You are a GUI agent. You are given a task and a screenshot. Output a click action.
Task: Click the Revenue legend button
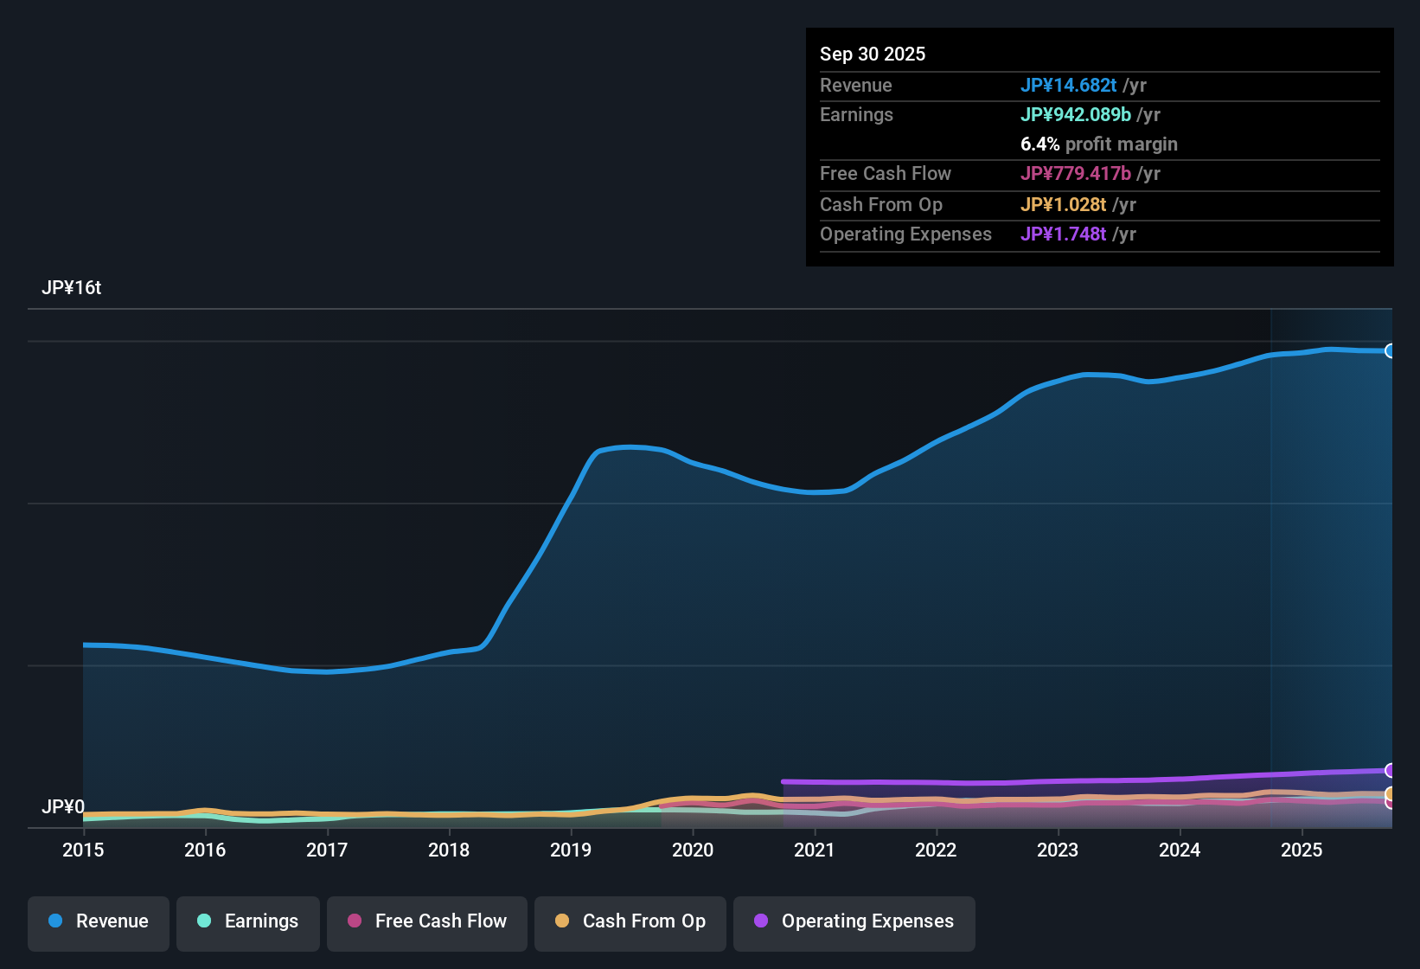click(99, 922)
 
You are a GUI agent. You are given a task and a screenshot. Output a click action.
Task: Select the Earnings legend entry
click(248, 922)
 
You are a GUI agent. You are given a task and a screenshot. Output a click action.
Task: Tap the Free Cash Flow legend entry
click(427, 922)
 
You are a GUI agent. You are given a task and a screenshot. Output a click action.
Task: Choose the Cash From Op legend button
click(630, 922)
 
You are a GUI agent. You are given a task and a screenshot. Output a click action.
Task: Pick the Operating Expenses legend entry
click(854, 922)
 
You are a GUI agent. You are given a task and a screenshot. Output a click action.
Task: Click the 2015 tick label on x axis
click(83, 850)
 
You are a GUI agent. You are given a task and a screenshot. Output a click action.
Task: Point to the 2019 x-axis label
click(571, 850)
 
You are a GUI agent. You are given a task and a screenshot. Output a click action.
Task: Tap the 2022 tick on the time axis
click(936, 850)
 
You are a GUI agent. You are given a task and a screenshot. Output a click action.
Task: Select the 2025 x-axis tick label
click(1302, 850)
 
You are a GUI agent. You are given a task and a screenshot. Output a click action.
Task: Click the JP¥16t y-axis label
click(72, 288)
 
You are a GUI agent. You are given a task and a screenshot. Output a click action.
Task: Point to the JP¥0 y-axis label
click(63, 807)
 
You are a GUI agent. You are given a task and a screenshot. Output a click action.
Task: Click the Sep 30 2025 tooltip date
click(873, 55)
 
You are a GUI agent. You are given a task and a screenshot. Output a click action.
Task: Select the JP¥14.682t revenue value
click(1069, 86)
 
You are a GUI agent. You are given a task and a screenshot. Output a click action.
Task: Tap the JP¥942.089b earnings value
click(1076, 115)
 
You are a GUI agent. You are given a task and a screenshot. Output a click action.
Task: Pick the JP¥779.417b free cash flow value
click(1076, 174)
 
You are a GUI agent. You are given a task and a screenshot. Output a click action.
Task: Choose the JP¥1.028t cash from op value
click(1064, 205)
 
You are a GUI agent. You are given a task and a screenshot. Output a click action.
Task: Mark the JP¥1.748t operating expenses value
click(1064, 234)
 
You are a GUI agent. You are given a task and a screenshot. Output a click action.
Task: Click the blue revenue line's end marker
click(1391, 351)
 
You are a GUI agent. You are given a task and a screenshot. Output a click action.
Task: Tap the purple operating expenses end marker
click(1391, 770)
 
